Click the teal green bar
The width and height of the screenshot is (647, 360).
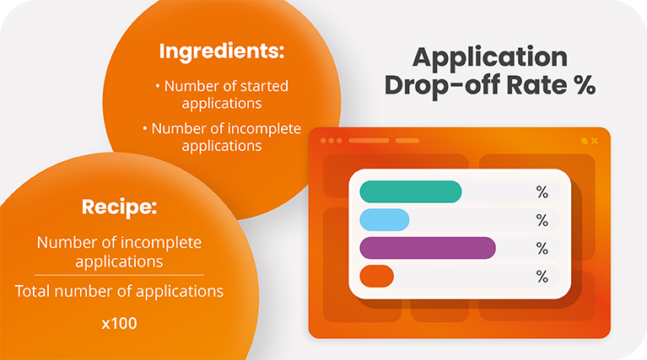(411, 192)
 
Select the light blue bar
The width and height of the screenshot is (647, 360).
(385, 220)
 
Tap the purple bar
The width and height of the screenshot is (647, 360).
(427, 248)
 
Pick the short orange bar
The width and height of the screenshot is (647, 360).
(376, 276)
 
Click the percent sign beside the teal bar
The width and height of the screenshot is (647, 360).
(542, 192)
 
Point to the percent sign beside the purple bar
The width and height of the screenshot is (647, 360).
(542, 248)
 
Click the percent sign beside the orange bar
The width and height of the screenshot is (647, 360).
(542, 276)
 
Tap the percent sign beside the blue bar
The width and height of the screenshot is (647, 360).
(542, 220)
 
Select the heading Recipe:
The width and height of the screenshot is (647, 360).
(119, 207)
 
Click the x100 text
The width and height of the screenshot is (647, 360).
(119, 323)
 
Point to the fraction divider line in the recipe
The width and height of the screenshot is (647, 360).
(119, 275)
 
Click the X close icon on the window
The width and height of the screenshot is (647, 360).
(595, 140)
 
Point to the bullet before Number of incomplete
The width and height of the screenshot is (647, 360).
(145, 128)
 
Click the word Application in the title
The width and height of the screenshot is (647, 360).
(489, 57)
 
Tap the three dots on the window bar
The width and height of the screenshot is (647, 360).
(333, 140)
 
